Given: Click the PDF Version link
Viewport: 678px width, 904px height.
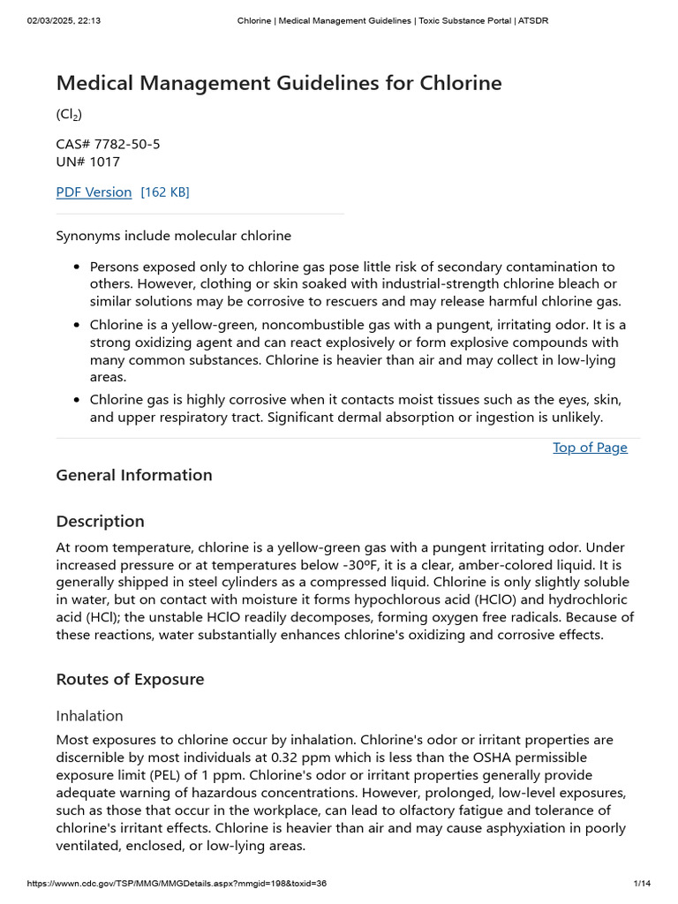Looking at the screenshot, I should click(x=94, y=192).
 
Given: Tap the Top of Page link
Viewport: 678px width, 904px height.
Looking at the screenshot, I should click(x=590, y=447).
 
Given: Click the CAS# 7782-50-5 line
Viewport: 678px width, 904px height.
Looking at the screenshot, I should click(x=108, y=143).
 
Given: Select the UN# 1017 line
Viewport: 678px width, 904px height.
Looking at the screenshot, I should click(x=87, y=162).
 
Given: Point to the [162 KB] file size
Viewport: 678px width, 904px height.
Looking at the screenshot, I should click(x=165, y=192).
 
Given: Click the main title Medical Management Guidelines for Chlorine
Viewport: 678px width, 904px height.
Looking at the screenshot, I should click(x=278, y=83).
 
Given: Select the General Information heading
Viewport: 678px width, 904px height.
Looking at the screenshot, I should click(x=134, y=475).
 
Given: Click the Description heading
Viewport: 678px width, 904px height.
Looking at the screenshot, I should click(x=100, y=521).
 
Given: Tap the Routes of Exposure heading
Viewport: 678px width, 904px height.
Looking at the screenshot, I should click(x=130, y=679).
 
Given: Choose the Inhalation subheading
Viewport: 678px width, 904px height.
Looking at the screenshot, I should click(x=89, y=715).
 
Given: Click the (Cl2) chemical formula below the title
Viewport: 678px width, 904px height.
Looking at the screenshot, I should click(x=69, y=115).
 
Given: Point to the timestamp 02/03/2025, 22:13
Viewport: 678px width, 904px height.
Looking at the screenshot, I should click(x=64, y=20).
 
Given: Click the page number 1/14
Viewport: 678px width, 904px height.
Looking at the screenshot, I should click(x=642, y=884).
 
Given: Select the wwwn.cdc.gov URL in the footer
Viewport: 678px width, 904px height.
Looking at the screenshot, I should click(x=177, y=884).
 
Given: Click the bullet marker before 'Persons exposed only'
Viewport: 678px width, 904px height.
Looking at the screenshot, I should click(x=78, y=267).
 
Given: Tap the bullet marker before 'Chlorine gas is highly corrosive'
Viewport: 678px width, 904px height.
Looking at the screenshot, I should click(x=78, y=400).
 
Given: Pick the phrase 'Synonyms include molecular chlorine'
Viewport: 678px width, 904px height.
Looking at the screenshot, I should click(x=173, y=236).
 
